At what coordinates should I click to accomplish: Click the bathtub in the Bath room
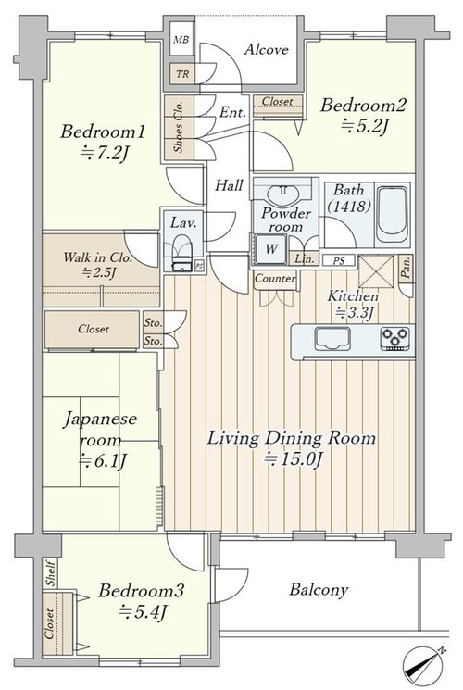pos(392,214)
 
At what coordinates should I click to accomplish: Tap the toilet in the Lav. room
pos(181,253)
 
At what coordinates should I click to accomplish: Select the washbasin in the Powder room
pos(283,194)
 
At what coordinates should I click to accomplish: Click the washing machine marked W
pos(270,249)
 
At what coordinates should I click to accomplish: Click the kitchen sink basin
pos(332,338)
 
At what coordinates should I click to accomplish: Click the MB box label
pos(181,40)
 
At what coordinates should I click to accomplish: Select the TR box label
pos(182,74)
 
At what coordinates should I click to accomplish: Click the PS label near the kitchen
pos(338,261)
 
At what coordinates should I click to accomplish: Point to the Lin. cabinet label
pos(305,259)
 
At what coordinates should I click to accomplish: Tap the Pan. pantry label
pos(407,268)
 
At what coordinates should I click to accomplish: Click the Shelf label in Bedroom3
pos(51,573)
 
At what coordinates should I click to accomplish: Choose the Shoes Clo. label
pos(178,127)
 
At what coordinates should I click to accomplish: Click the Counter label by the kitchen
pos(275,279)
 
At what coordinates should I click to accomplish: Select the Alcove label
pos(267,49)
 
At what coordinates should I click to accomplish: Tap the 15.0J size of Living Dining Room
pos(294,460)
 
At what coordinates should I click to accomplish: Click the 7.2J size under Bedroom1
pos(104,154)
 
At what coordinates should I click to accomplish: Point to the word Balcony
pos(319,590)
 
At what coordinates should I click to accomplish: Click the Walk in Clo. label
pos(97,257)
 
